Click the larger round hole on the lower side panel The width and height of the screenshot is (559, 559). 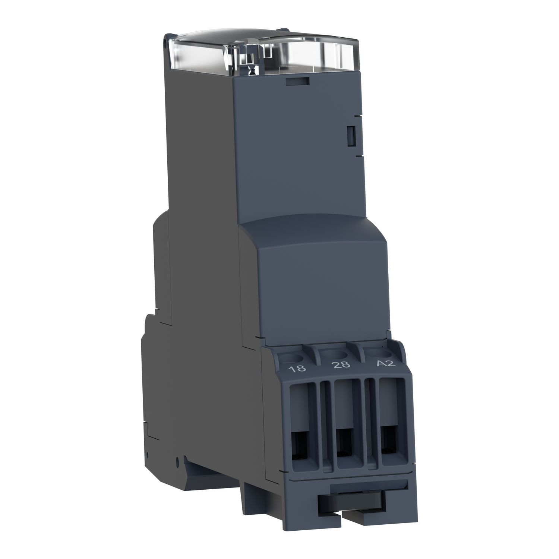(x=177, y=459)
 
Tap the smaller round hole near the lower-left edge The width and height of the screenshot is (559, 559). (x=148, y=455)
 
